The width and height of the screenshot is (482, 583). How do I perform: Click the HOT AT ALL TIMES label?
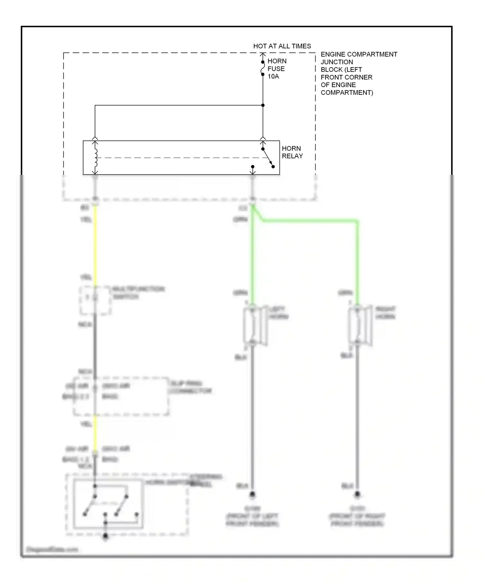[x=282, y=46]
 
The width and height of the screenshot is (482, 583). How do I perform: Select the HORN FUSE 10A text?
[x=276, y=69]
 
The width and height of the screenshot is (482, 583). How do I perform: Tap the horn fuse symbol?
[x=263, y=68]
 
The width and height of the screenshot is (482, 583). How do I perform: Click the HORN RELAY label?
[x=292, y=152]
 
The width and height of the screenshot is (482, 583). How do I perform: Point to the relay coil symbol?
[x=95, y=157]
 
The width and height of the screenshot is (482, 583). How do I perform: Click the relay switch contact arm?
[x=268, y=158]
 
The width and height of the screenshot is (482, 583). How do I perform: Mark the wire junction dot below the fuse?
[x=263, y=105]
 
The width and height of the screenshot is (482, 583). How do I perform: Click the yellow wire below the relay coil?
[x=95, y=244]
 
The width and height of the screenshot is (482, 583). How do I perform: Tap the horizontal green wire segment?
[x=308, y=220]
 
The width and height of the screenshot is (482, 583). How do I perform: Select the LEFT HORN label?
[x=278, y=313]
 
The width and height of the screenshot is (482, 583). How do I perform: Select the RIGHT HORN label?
[x=385, y=313]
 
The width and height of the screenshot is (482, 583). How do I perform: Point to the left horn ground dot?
[x=252, y=494]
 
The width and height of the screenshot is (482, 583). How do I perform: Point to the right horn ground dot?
[x=357, y=494]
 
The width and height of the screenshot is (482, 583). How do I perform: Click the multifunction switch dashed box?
[x=95, y=300]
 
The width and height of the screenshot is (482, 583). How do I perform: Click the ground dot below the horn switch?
[x=105, y=536]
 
